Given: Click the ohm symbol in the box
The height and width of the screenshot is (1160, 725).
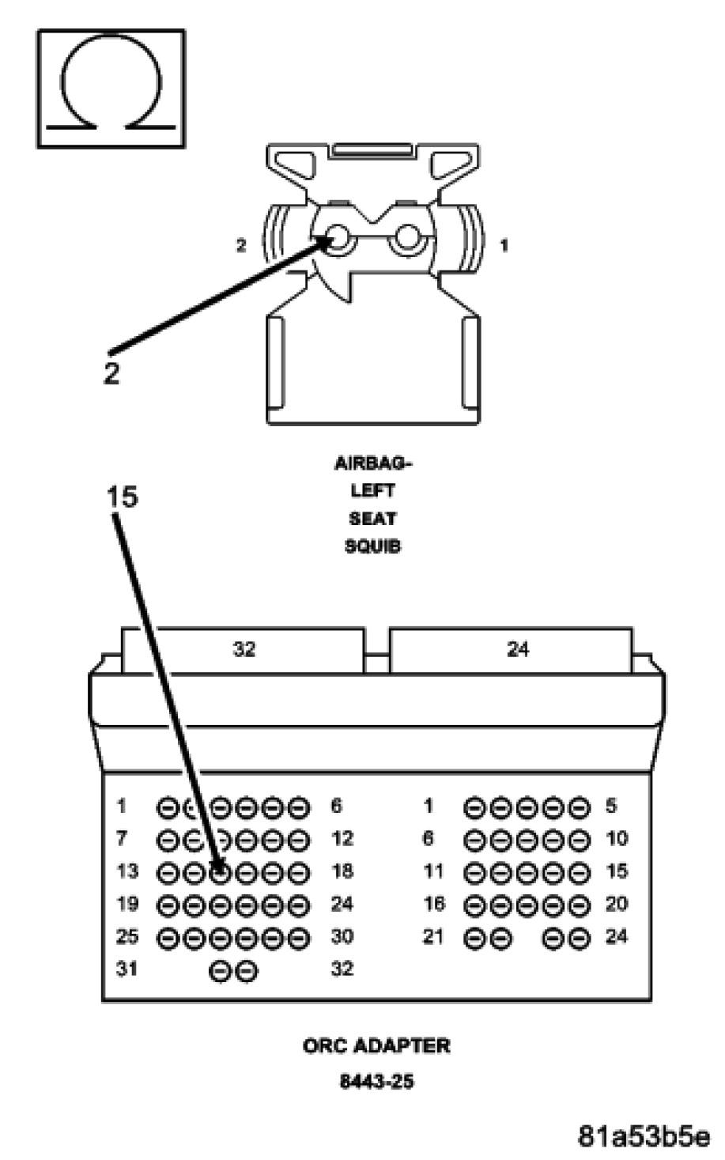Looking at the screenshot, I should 111,89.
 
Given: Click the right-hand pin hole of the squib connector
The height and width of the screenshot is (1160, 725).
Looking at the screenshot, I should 410,238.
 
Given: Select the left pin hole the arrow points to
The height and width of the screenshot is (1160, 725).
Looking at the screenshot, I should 338,238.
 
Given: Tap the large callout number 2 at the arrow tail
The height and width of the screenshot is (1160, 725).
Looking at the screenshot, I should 111,372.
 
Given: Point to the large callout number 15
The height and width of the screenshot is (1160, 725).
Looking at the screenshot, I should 122,497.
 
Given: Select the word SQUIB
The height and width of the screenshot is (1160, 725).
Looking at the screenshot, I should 373,546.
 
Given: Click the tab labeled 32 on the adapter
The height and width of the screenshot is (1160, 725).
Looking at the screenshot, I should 244,650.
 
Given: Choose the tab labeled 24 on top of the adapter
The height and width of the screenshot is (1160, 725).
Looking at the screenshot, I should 517,650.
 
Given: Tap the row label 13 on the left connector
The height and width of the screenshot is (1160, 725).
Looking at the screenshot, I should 127,871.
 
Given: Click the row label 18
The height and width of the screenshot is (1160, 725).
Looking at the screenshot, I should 342,871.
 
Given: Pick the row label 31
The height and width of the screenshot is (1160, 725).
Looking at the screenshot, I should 127,969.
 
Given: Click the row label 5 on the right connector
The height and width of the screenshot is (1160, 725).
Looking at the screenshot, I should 610,807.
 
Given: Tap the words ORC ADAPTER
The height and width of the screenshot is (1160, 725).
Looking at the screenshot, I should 376,1046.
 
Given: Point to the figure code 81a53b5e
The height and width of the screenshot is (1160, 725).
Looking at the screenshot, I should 644,1135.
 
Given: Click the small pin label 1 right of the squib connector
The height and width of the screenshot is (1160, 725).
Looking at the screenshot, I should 504,246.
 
